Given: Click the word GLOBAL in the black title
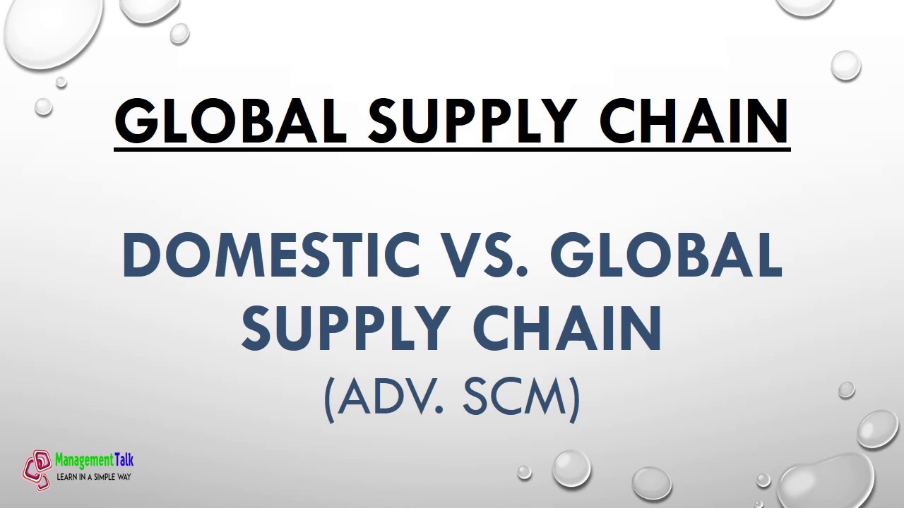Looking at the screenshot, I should click(230, 121).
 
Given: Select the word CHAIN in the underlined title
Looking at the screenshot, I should click(694, 121).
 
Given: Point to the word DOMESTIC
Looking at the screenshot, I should click(270, 255).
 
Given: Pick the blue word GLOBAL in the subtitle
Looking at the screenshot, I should click(666, 255).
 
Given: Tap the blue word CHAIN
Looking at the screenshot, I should click(567, 328).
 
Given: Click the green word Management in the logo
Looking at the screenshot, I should click(84, 461).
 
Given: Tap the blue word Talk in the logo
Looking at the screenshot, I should click(124, 461).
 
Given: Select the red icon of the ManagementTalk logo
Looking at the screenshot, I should click(37, 469).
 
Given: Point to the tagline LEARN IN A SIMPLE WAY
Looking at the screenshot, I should click(94, 477).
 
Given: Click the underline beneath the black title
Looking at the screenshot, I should click(452, 149).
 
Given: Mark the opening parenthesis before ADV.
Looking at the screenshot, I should click(328, 399).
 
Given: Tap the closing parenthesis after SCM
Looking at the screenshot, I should click(575, 399).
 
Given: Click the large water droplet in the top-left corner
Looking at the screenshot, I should click(49, 32).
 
